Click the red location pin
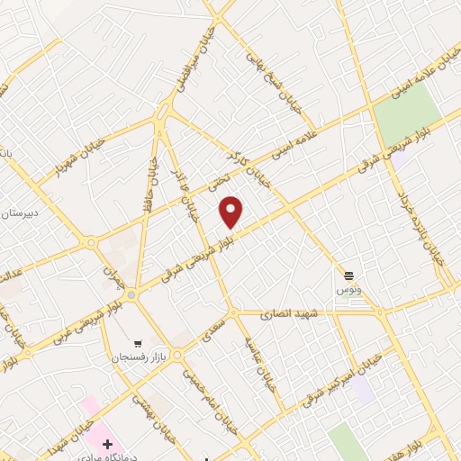231,212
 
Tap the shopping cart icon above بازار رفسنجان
138,342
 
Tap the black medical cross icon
108,443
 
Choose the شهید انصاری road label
284,315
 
